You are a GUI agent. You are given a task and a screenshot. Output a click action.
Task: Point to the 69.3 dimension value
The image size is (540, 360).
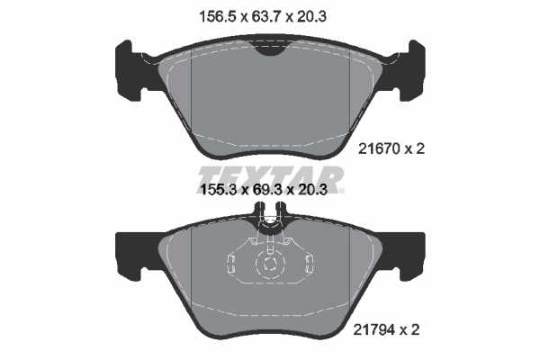point(271,192)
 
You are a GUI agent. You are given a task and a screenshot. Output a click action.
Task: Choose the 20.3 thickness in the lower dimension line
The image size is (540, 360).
point(322,192)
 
